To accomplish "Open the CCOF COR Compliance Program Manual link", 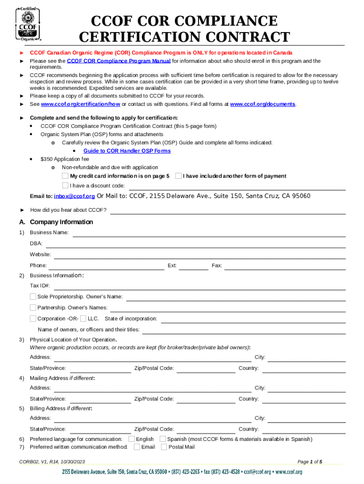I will (119, 61).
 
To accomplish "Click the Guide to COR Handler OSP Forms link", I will (127, 151).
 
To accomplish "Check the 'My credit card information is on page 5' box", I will (66, 176).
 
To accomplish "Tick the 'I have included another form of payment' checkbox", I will (178, 176).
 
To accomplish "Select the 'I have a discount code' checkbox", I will (66, 185).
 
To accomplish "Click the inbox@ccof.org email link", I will (74, 196).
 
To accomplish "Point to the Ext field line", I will (193, 266).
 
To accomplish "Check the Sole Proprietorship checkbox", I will (33, 296).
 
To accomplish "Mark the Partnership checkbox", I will (33, 307).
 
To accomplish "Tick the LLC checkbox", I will (83, 319).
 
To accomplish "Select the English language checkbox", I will (131, 439).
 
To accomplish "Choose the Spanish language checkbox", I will (163, 439).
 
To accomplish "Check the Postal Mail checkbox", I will (164, 447).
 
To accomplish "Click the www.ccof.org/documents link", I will (262, 104).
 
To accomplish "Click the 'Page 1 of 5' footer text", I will (310, 462).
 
